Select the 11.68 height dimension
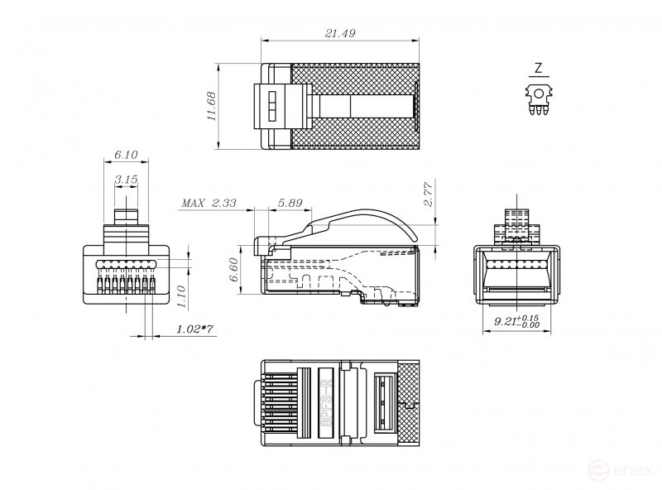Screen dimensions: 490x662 click(212, 107)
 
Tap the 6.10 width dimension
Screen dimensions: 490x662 click(125, 155)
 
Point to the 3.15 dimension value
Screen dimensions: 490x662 click(126, 179)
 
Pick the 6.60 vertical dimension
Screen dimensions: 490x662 click(234, 270)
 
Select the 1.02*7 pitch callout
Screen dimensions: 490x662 click(195, 329)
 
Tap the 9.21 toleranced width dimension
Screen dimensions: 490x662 click(516, 321)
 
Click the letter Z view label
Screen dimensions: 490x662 click(539, 68)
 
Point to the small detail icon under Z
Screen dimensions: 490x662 click(539, 98)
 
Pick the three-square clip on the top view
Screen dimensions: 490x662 click(269, 107)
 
